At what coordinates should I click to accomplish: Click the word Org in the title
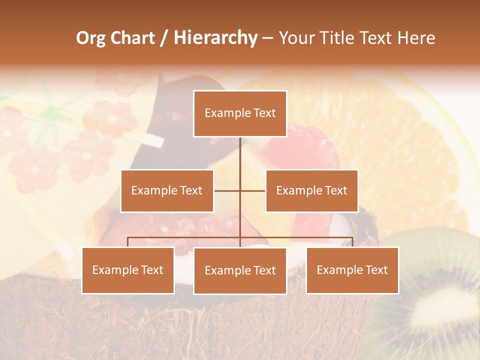point(91,38)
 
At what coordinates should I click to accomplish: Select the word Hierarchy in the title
point(215,38)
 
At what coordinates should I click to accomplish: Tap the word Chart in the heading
point(132,38)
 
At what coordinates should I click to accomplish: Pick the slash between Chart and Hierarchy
point(163,38)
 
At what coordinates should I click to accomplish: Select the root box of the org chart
point(240,113)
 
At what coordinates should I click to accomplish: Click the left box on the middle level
point(167,190)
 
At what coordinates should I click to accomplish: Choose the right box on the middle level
point(311,190)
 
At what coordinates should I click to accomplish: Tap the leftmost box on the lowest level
point(128,270)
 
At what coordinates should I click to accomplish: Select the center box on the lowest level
point(240,270)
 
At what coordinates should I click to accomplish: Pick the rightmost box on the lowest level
point(352,270)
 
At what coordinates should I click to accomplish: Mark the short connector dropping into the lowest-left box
point(128,242)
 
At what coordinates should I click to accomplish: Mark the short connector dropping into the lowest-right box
point(352,242)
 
